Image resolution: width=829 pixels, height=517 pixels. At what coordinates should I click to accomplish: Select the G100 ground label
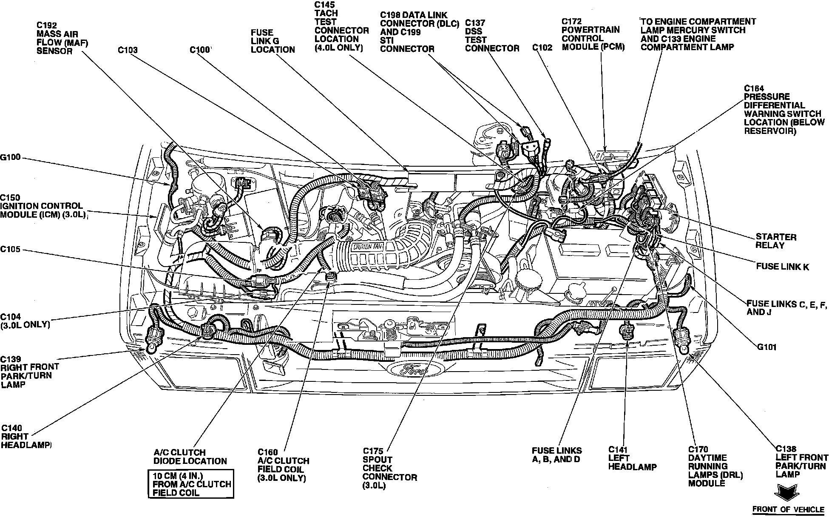click(x=10, y=158)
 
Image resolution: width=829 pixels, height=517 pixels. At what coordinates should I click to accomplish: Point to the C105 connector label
click(x=10, y=249)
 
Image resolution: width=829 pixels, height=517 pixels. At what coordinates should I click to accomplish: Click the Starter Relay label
click(x=776, y=241)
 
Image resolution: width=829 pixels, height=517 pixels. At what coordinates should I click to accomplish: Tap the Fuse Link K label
click(x=782, y=267)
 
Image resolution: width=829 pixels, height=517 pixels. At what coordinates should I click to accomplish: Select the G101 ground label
click(x=767, y=347)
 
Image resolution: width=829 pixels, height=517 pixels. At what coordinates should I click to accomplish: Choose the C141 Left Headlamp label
click(x=632, y=458)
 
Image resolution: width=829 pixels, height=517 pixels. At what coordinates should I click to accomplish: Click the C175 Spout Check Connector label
click(x=389, y=468)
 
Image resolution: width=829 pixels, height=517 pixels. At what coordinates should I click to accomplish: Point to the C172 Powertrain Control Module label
click(x=593, y=34)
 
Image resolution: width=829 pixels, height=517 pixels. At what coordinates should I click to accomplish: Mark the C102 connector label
click(x=542, y=48)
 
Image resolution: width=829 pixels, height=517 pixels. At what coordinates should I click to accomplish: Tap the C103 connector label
click(x=128, y=50)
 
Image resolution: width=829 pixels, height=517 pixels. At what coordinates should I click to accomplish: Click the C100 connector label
click(x=200, y=50)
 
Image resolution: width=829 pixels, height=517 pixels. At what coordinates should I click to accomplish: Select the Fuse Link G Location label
click(x=273, y=41)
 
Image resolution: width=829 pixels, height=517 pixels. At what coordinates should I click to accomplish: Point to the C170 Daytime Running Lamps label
click(x=715, y=466)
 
